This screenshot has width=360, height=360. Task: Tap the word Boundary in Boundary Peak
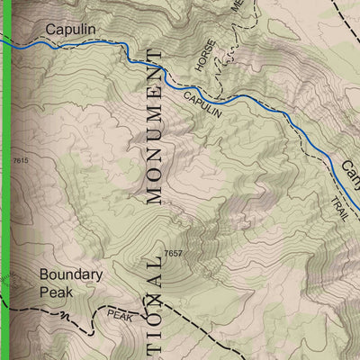tap(71, 274)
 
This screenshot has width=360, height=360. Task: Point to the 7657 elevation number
tap(175, 255)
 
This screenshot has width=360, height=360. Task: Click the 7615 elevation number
tap(21, 160)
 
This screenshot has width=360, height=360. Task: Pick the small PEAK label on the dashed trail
tap(119, 314)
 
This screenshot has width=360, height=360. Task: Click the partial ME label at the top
tap(237, 4)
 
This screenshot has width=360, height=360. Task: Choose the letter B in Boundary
tap(45, 274)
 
